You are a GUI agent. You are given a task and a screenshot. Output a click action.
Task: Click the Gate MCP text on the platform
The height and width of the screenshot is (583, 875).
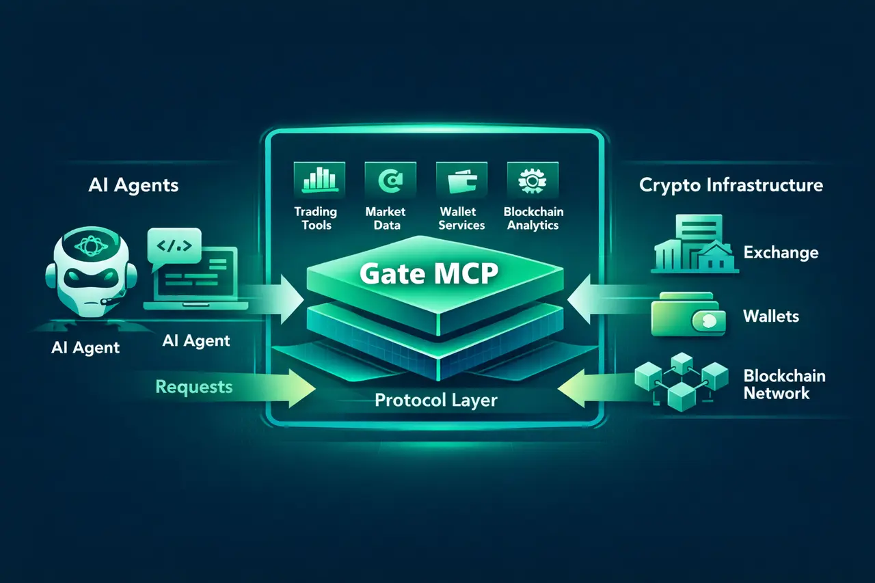(429, 274)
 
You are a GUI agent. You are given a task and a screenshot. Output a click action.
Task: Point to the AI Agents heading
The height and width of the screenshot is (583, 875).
(133, 185)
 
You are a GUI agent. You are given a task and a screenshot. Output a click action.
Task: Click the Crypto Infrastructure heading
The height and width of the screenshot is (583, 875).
(731, 185)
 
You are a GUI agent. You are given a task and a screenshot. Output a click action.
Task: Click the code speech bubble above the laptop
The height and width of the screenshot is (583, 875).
(174, 245)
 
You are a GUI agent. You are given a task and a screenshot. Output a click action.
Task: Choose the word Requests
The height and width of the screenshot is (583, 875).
(194, 387)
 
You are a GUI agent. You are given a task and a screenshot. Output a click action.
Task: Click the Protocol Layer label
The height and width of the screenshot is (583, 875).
(435, 399)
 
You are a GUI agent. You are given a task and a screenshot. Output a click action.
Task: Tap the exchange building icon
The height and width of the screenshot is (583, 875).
(695, 244)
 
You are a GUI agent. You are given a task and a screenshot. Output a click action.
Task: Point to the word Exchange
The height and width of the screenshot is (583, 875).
(781, 253)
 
